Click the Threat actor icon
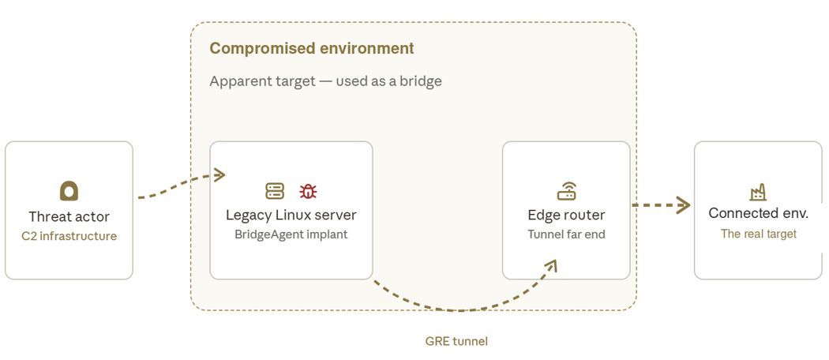(69, 191)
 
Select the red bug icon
(308, 191)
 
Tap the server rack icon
(275, 191)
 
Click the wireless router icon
(566, 191)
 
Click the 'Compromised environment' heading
(311, 48)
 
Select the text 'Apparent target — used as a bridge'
(325, 81)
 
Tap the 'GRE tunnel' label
(456, 341)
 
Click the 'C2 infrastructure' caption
(69, 236)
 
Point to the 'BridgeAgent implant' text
(291, 234)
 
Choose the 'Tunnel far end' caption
(566, 234)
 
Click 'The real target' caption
(758, 234)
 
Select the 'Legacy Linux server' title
(291, 216)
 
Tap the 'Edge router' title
(566, 216)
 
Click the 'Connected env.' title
(758, 213)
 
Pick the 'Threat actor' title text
(69, 217)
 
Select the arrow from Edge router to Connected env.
(661, 204)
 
